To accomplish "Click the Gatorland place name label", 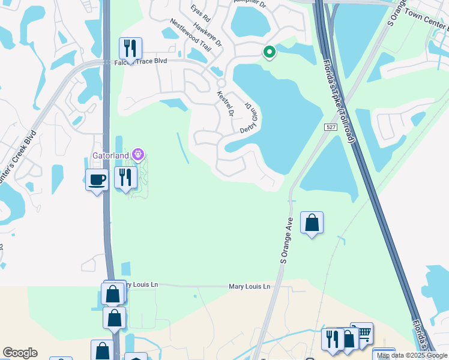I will (x=112, y=155).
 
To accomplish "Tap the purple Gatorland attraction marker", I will (x=139, y=155).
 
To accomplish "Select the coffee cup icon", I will (x=97, y=179).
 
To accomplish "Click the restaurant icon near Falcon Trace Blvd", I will (x=130, y=48).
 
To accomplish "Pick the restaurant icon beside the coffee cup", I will (x=125, y=177).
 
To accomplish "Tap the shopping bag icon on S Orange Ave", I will (x=312, y=223).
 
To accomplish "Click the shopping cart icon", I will (x=361, y=333).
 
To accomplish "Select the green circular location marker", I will (x=270, y=53).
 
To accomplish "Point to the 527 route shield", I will (x=331, y=127).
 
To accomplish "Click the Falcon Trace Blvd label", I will (x=140, y=62).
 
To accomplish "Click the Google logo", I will (x=20, y=353).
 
